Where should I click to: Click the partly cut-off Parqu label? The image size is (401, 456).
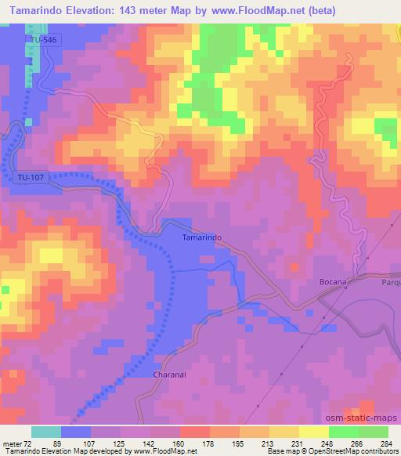[390, 282]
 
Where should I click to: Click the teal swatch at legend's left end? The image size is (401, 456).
[46, 432]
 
